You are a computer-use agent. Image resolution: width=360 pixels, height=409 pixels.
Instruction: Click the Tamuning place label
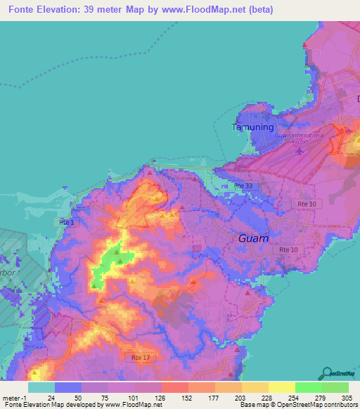248,127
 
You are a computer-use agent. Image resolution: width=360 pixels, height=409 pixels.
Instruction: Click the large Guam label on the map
253,238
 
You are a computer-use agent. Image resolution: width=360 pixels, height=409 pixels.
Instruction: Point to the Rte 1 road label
67,221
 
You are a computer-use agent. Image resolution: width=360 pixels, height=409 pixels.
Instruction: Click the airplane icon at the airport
301,150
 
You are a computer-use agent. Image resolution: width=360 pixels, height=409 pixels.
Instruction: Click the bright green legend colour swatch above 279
309,387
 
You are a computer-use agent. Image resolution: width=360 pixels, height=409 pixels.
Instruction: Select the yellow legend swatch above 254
282,387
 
